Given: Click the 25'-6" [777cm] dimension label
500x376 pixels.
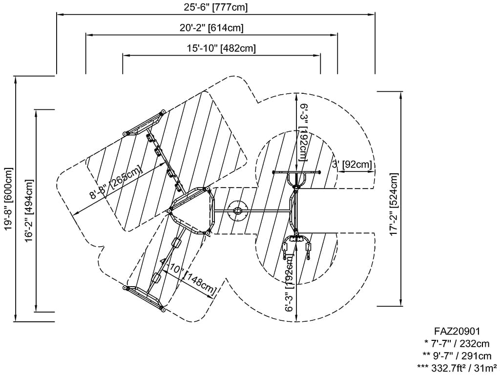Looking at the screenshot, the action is coord(215,7).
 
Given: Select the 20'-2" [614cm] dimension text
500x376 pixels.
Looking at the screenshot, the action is coord(211,28).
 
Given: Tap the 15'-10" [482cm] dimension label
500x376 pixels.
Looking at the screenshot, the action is coord(221,48).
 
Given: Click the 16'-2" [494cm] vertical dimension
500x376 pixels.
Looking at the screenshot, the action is coord(28,211).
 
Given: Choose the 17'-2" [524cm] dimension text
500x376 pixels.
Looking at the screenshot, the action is coord(394,204).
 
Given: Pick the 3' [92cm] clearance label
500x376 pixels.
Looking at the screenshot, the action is coord(352,165).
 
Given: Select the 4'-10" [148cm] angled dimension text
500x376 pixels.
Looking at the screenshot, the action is coord(188,276).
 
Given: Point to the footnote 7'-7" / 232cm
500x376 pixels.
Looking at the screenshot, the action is coord(457,343).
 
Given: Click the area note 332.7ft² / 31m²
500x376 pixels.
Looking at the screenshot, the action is coord(457,368).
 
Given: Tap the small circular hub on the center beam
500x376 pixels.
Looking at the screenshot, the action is coord(238,210).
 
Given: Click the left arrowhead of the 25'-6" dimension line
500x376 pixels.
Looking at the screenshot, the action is coord(60,14).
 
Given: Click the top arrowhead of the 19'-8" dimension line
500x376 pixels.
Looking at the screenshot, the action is coord(15,80).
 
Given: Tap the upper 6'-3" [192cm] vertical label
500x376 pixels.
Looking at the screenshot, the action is coord(303,132).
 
